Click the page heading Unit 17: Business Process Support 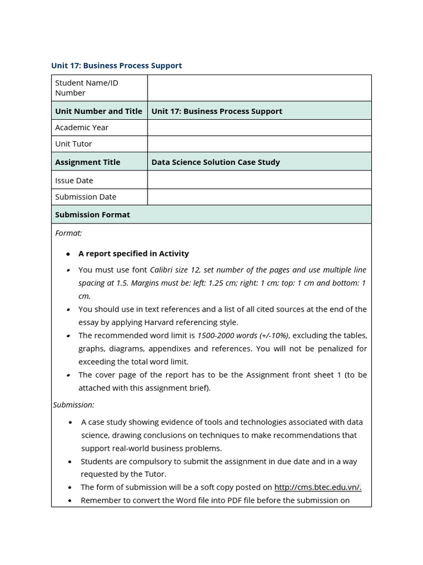coord(116,66)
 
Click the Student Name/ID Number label coord(86,88)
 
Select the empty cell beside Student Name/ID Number coord(259,88)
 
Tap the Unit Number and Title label coord(99,111)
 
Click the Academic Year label coord(82,127)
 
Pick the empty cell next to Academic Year coord(259,127)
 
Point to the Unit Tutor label coord(73,144)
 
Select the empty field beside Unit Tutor coord(259,144)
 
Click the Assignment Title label coord(88,162)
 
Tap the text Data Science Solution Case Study coord(215,162)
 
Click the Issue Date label coord(74,180)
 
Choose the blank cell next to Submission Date coord(259,197)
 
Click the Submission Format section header coord(93,215)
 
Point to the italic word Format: coord(68,233)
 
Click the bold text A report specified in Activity coord(133,254)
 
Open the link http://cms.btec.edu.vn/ coord(318,487)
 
